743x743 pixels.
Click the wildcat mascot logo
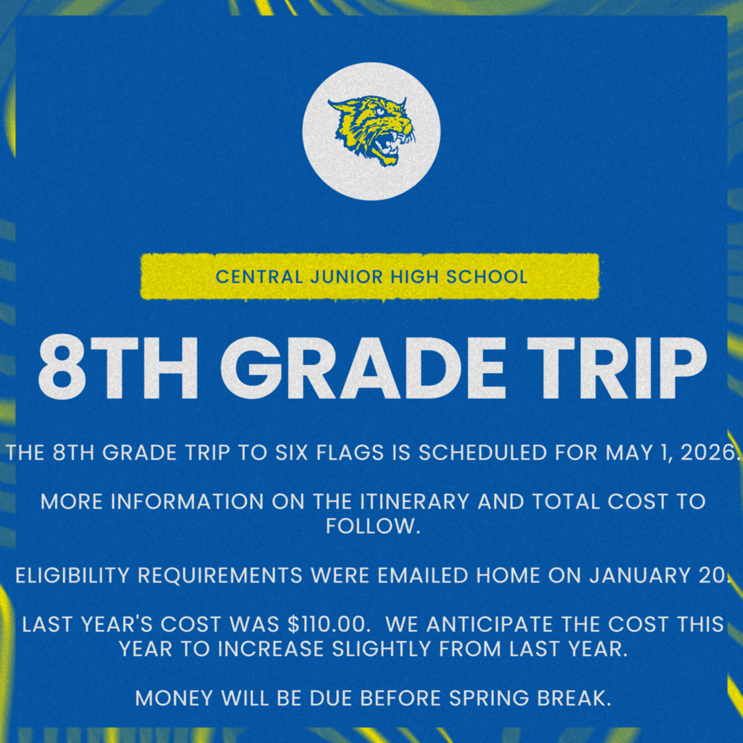click(371, 131)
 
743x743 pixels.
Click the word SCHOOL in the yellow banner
click(488, 276)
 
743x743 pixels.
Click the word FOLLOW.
click(371, 526)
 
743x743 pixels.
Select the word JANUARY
click(636, 576)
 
